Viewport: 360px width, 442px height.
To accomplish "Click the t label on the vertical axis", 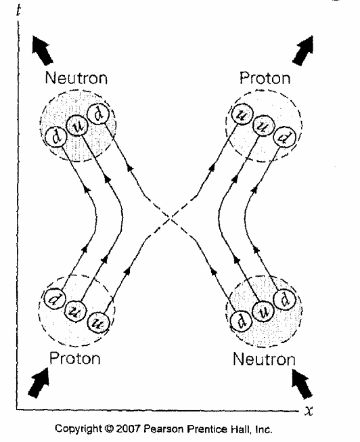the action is [18, 10].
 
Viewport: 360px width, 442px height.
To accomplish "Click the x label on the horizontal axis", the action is [309, 411].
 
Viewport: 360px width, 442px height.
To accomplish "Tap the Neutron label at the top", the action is [76, 78].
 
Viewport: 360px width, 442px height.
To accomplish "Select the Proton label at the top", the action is [265, 78].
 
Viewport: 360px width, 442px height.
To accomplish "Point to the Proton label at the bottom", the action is [75, 358].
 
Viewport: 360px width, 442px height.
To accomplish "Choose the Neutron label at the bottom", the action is [264, 359].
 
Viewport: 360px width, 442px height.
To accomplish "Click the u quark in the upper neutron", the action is [77, 126].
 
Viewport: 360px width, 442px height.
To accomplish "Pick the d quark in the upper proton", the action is [284, 137].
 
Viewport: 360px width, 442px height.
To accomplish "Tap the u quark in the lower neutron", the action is [263, 312].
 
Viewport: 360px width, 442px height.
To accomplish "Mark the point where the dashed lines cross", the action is [171, 218].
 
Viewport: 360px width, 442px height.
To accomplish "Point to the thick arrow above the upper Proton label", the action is [303, 50].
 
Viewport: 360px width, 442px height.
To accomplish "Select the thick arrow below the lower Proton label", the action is [39, 382].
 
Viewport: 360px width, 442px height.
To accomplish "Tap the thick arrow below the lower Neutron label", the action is [302, 384].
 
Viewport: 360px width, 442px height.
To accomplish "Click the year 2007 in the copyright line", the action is [128, 428].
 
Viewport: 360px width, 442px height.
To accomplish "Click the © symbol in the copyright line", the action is [108, 428].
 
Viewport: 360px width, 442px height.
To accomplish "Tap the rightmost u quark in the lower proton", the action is [98, 322].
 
